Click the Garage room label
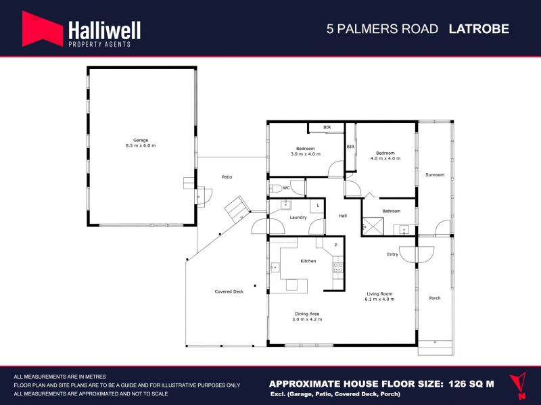pyautogui.click(x=141, y=140)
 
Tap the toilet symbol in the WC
pyautogui.click(x=276, y=189)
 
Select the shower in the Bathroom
pyautogui.click(x=373, y=227)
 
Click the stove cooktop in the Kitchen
pyautogui.click(x=337, y=268)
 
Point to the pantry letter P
pyautogui.click(x=335, y=245)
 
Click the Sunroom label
pyautogui.click(x=435, y=174)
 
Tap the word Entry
pyautogui.click(x=392, y=254)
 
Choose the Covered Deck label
pyautogui.click(x=229, y=291)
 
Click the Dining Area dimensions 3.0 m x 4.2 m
pyautogui.click(x=307, y=319)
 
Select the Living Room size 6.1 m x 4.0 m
pyautogui.click(x=379, y=299)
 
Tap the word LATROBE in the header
pyautogui.click(x=479, y=28)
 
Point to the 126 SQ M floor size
pyautogui.click(x=471, y=384)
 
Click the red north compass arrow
pyautogui.click(x=518, y=385)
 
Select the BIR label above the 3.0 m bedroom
pyautogui.click(x=327, y=127)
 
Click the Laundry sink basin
pyautogui.click(x=285, y=205)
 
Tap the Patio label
pyautogui.click(x=227, y=177)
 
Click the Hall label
pyautogui.click(x=343, y=216)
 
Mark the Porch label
pyautogui.click(x=435, y=298)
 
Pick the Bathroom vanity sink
pyautogui.click(x=404, y=229)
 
